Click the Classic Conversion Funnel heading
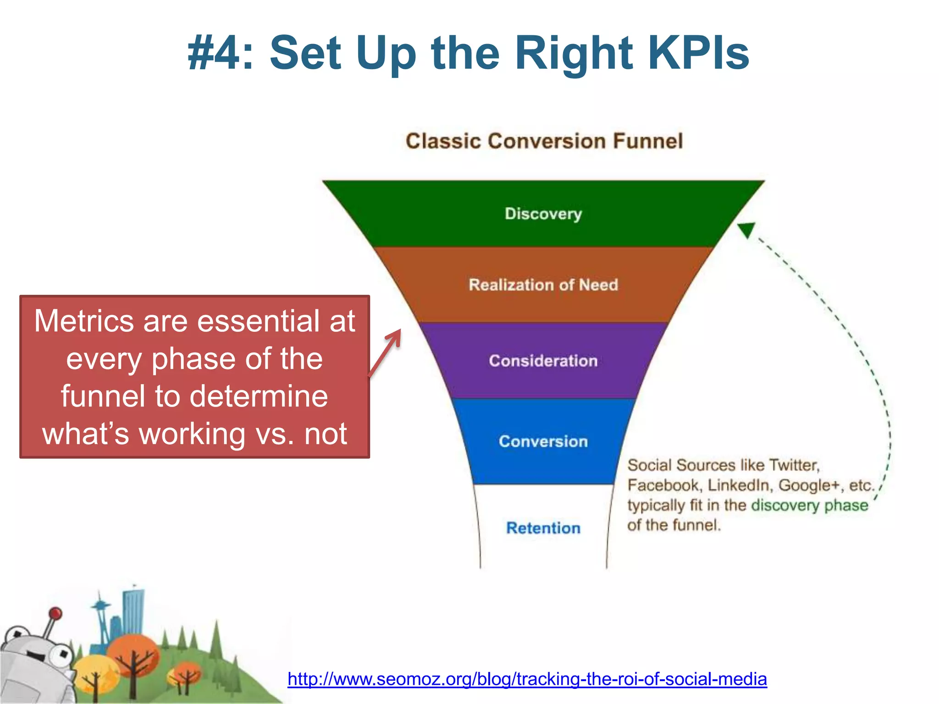(544, 141)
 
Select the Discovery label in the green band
(543, 214)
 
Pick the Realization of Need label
(543, 285)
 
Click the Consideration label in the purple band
(543, 361)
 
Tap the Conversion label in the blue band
(543, 441)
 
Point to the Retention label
(543, 528)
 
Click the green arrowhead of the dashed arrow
(746, 229)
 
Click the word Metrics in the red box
(85, 321)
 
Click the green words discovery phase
(810, 505)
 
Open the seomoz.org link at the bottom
(527, 679)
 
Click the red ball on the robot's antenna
(55, 613)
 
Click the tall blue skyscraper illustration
(133, 610)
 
